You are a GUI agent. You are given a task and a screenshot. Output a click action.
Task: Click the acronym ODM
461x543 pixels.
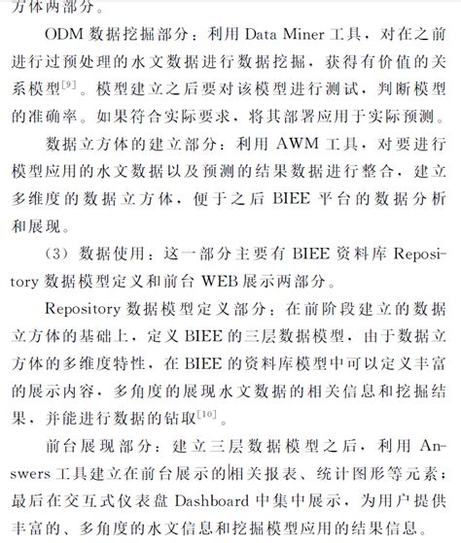(x=64, y=37)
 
